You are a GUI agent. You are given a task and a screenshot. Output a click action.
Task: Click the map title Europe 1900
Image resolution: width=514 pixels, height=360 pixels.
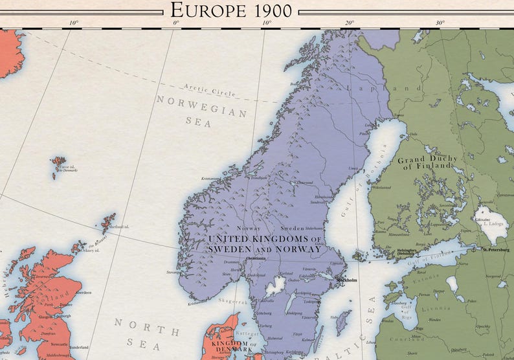pos(231,10)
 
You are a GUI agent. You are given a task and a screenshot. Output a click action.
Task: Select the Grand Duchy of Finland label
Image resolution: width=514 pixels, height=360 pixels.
pos(427,163)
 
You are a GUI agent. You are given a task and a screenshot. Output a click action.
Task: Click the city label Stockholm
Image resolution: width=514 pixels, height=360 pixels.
pos(348,281)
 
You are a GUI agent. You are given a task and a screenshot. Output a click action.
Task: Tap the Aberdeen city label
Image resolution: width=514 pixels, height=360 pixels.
pos(84,293)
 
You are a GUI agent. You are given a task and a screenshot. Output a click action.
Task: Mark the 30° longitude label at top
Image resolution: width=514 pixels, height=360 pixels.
pos(440,23)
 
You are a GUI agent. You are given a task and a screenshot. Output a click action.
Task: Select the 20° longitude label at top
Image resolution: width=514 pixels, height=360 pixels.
pos(350,23)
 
